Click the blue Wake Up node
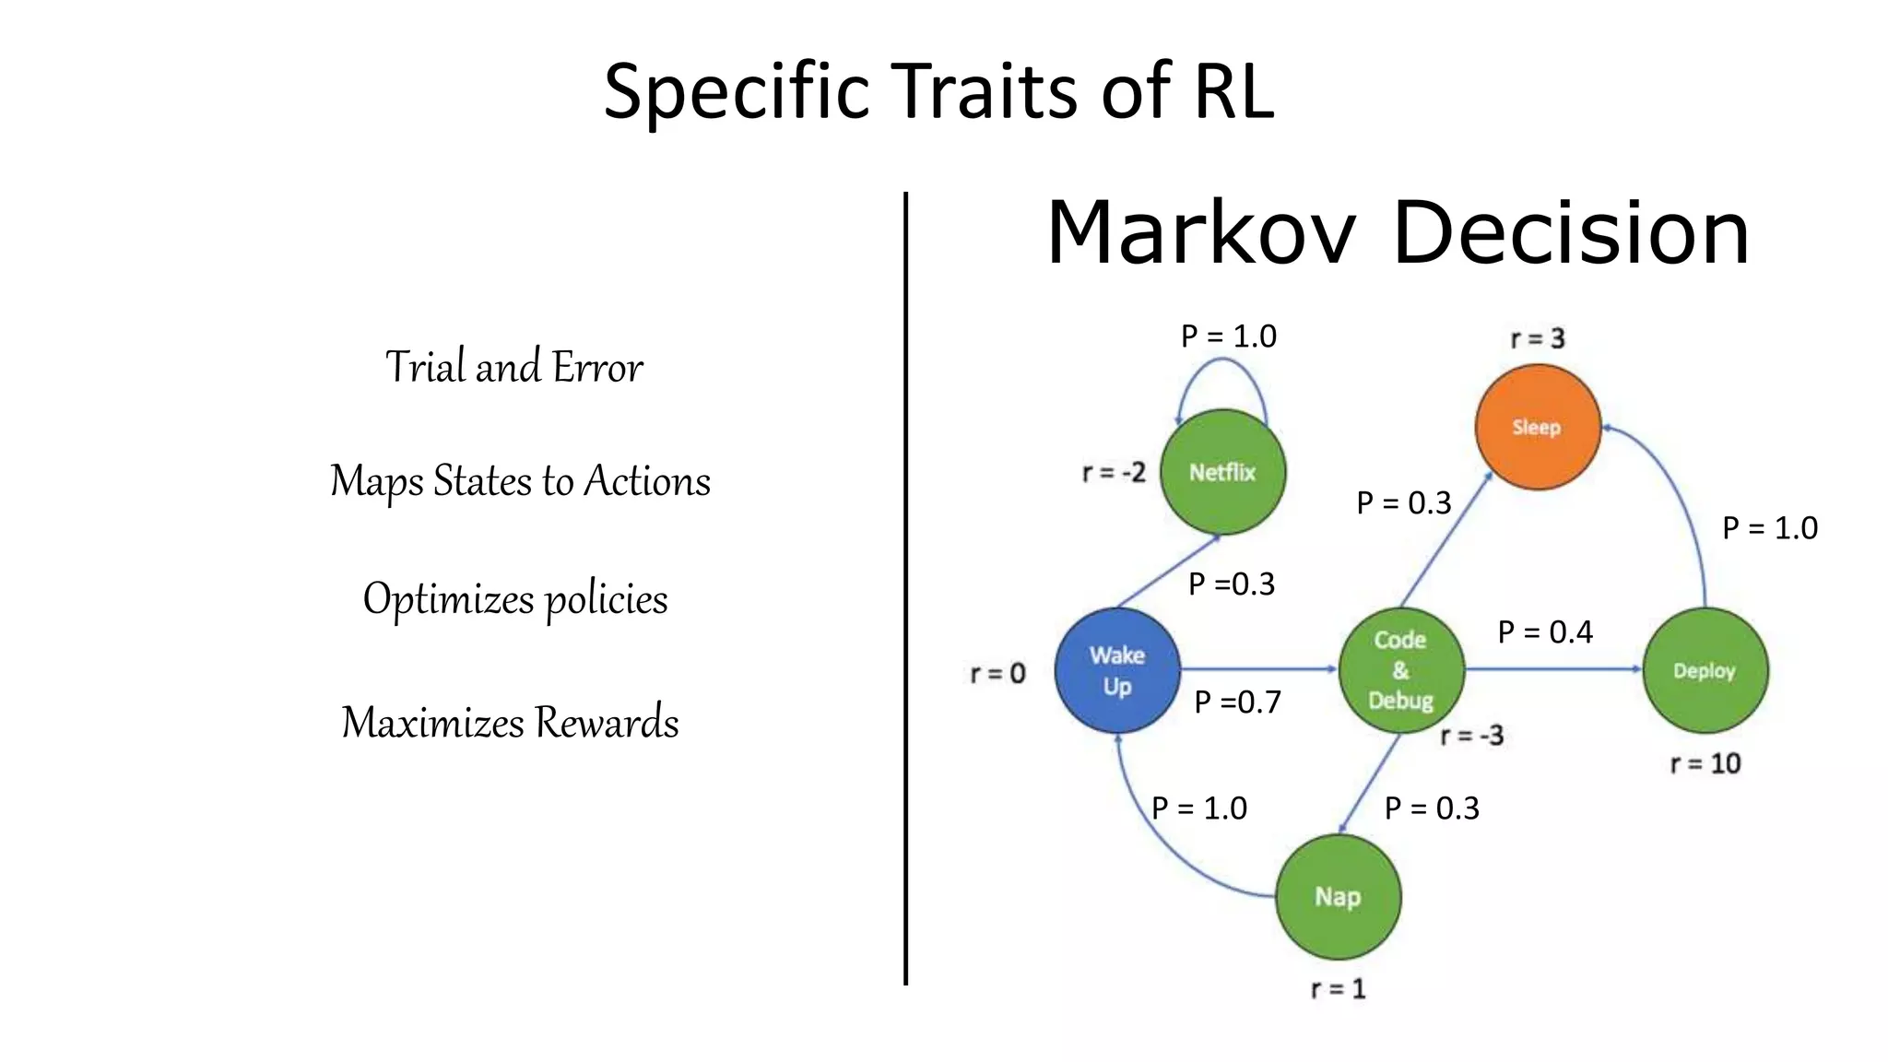[x=1117, y=670]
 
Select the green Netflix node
[x=1222, y=472]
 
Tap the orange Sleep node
[x=1537, y=427]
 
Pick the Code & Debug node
[x=1400, y=670]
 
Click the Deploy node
[x=1705, y=670]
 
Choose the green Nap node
[x=1338, y=897]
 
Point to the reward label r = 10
[x=1705, y=763]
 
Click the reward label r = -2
[x=1114, y=473]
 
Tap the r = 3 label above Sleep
[x=1537, y=338]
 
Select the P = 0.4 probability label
[x=1545, y=632]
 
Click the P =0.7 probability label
[x=1237, y=702]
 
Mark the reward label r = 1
[x=1338, y=989]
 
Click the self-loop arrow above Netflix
[x=1221, y=361]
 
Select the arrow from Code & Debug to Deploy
[x=1553, y=669]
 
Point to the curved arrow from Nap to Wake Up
[x=1153, y=848]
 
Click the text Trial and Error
[x=513, y=367]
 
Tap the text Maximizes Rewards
[x=510, y=722]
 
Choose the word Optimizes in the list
[x=448, y=599]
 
